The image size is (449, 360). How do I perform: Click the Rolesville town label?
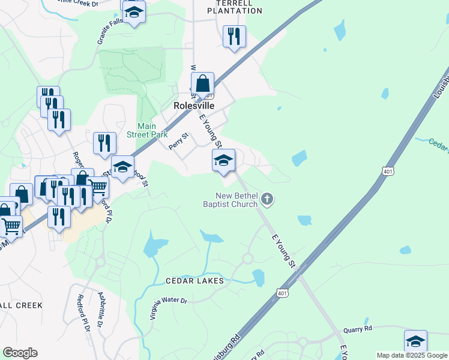coord(194,105)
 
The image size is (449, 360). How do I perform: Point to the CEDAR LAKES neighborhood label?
coord(195,281)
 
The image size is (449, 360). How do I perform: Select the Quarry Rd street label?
coord(358,329)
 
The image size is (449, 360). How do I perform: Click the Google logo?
coord(20,353)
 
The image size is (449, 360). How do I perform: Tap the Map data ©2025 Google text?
coord(412,355)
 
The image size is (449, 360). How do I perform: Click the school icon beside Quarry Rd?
coord(415,341)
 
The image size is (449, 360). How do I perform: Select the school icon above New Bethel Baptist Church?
coord(223,160)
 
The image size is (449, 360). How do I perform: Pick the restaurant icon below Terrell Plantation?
coord(234,36)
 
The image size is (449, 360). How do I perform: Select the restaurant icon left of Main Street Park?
coord(104,143)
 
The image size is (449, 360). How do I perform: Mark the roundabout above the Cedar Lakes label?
coord(247,259)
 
